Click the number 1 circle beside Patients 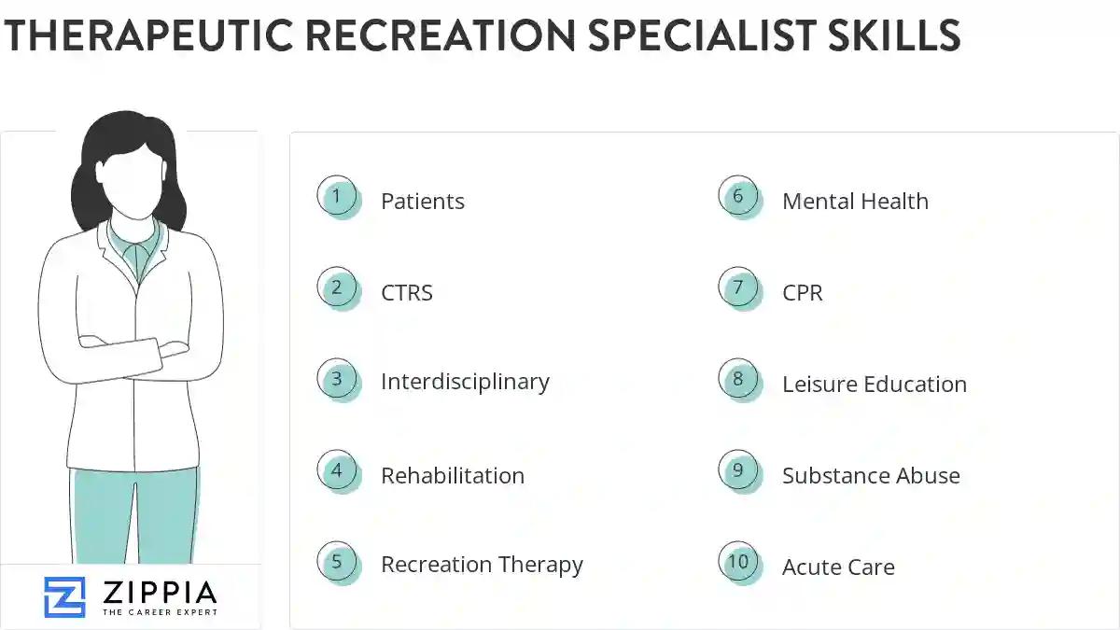(x=337, y=197)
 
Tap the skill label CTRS (x=407, y=293)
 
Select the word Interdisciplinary (x=465, y=382)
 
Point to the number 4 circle (x=337, y=471)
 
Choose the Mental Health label (x=855, y=202)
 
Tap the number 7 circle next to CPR (x=738, y=288)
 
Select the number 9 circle (x=738, y=471)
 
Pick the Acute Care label (x=838, y=567)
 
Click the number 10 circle (x=738, y=562)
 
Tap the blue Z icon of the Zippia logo (x=64, y=597)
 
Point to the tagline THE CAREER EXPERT (x=160, y=612)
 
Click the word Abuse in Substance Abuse (x=923, y=476)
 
